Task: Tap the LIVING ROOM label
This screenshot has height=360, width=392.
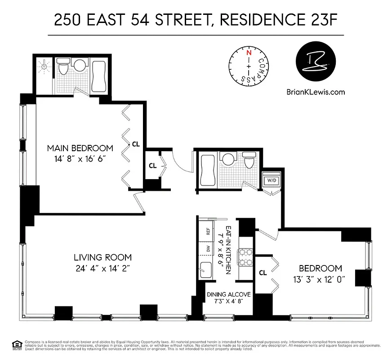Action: (103, 257)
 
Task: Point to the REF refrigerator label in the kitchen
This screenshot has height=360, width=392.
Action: (208, 232)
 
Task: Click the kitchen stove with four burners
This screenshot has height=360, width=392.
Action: (246, 257)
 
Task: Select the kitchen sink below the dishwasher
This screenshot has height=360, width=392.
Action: (207, 270)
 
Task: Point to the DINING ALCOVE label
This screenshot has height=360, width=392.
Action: (228, 295)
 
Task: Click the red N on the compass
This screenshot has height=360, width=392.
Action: (248, 52)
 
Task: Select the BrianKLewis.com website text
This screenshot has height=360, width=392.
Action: (316, 92)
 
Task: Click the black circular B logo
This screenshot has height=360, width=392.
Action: (315, 64)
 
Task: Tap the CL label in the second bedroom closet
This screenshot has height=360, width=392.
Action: (263, 273)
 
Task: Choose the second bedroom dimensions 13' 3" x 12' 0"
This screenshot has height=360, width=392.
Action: (319, 279)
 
